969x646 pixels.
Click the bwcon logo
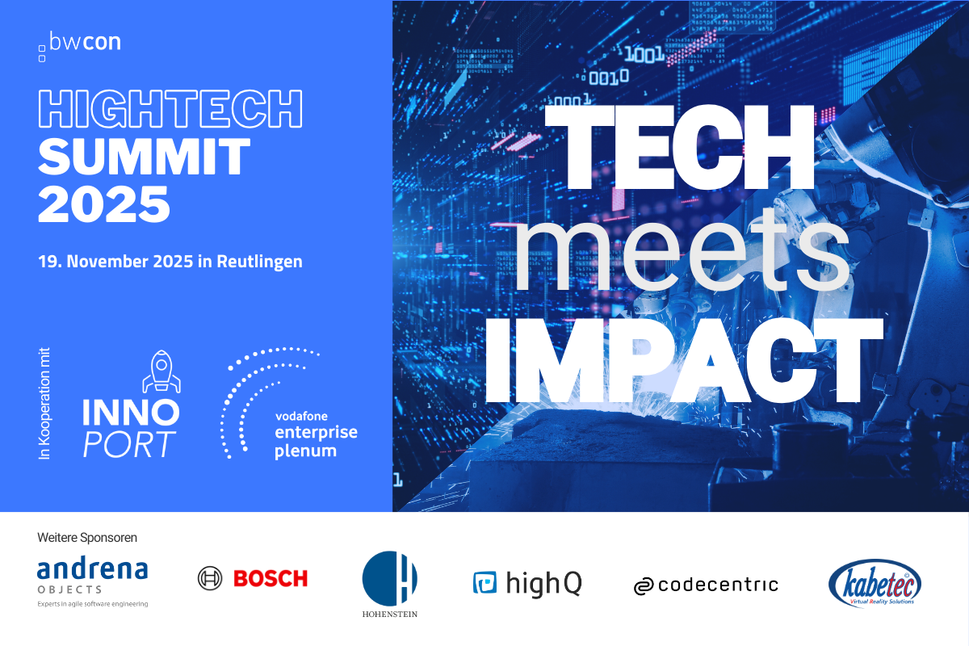click(x=80, y=46)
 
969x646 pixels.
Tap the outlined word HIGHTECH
click(x=170, y=108)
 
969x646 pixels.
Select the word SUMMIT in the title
click(x=144, y=157)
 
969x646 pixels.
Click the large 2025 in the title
click(x=104, y=203)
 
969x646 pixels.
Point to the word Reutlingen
click(x=259, y=262)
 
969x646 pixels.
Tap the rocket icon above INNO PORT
click(x=161, y=371)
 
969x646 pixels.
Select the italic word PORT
click(x=129, y=444)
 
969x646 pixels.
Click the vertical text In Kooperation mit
click(x=44, y=403)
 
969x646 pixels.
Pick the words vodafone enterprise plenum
click(x=317, y=434)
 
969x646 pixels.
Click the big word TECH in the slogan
click(x=680, y=147)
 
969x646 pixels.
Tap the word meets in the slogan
click(x=682, y=253)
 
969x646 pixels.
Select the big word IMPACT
click(x=684, y=361)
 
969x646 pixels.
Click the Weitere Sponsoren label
click(x=87, y=538)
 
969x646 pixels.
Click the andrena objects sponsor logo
click(x=93, y=583)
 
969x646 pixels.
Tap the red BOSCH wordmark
click(x=271, y=578)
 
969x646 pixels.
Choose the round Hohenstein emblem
click(x=389, y=578)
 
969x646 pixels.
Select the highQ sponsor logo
click(x=527, y=583)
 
